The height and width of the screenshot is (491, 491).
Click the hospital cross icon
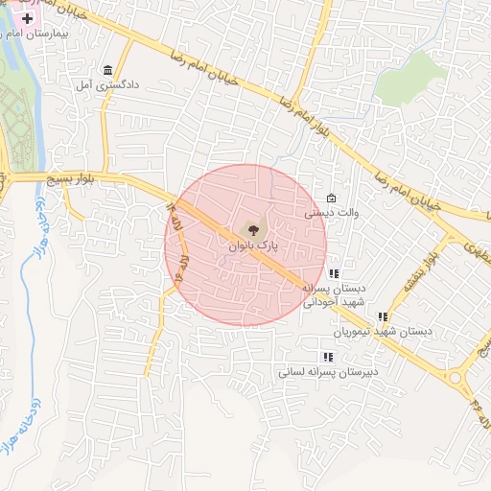click(x=28, y=18)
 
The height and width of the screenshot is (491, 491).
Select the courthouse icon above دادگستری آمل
click(x=106, y=71)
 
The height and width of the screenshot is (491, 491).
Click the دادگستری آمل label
click(x=109, y=85)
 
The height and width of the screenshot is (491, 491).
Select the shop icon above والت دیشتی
click(x=332, y=199)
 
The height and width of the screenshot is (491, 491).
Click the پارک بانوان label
click(x=253, y=245)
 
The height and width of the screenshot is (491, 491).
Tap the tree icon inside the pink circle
click(x=252, y=229)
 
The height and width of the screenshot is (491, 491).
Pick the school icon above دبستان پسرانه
click(x=333, y=273)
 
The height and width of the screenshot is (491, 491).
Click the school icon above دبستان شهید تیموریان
click(x=383, y=316)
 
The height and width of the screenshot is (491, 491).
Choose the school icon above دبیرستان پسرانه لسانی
click(x=328, y=357)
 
